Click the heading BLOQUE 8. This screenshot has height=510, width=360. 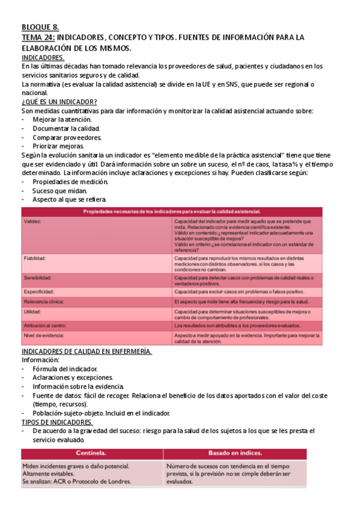pyautogui.click(x=40, y=28)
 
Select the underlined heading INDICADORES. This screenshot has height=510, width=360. pyautogui.click(x=43, y=57)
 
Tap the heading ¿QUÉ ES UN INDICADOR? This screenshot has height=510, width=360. pyautogui.click(x=59, y=102)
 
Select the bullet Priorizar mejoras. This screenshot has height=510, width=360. pyautogui.click(x=58, y=146)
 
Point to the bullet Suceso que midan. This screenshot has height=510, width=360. pyautogui.click(x=59, y=191)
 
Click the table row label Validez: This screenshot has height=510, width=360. pyautogui.click(x=32, y=221)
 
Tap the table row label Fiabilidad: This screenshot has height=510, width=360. pyautogui.click(x=35, y=258)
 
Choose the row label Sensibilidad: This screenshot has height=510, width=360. pyautogui.click(x=37, y=278)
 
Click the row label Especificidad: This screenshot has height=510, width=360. pyautogui.click(x=38, y=291)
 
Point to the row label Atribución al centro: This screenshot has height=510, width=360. pyautogui.click(x=45, y=325)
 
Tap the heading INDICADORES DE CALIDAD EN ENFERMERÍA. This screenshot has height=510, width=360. pyautogui.click(x=87, y=351)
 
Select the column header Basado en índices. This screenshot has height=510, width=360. pyautogui.click(x=234, y=452)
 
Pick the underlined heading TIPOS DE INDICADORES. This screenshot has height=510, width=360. pyautogui.click(x=57, y=422)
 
